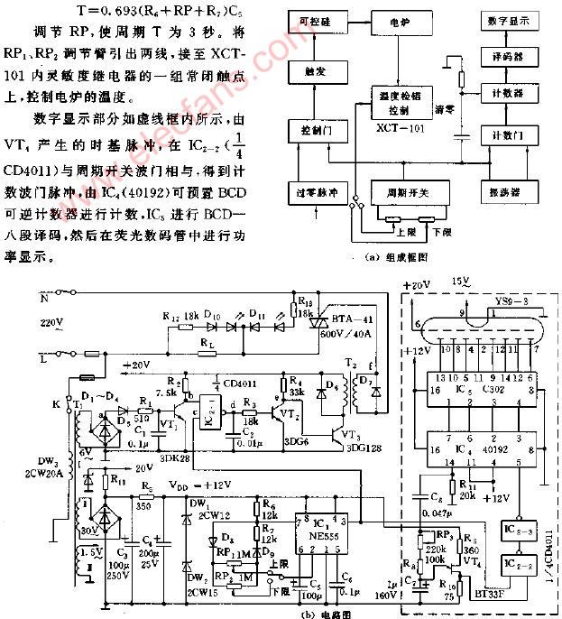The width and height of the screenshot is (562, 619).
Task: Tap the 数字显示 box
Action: [513, 19]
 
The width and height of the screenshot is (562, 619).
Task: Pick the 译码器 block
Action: [513, 55]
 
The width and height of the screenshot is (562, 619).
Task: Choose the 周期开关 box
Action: [409, 192]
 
